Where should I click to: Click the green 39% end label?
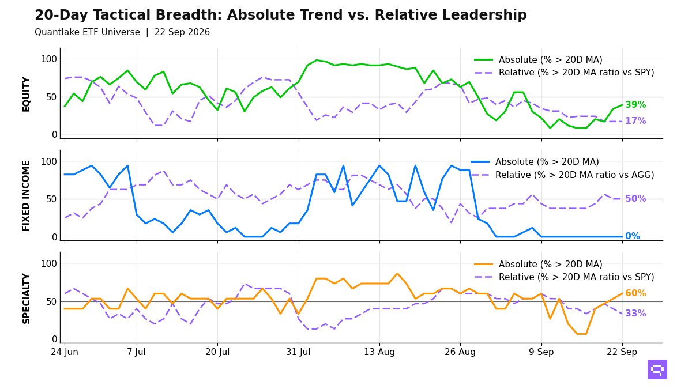pyautogui.click(x=635, y=105)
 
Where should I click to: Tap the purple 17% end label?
pyautogui.click(x=635, y=120)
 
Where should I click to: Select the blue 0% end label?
pyautogui.click(x=633, y=236)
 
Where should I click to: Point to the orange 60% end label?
pyautogui.click(x=635, y=293)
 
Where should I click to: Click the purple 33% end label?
pyautogui.click(x=635, y=314)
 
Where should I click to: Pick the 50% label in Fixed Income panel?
pyautogui.click(x=635, y=198)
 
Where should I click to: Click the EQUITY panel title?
pyautogui.click(x=27, y=95)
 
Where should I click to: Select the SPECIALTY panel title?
pyautogui.click(x=27, y=299)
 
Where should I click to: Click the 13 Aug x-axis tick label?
pyautogui.click(x=379, y=352)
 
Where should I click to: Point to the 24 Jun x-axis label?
pyautogui.click(x=64, y=352)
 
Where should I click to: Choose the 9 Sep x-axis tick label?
pyautogui.click(x=541, y=352)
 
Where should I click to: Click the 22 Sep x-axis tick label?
pyautogui.click(x=622, y=352)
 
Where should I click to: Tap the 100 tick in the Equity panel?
pyautogui.click(x=49, y=59)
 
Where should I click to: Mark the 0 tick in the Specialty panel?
pyautogui.click(x=55, y=339)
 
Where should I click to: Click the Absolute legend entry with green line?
pyautogui.click(x=538, y=59)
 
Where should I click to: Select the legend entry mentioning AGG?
pyautogui.click(x=562, y=175)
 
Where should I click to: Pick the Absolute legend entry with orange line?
pyautogui.click(x=538, y=265)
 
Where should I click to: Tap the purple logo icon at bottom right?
pyautogui.click(x=657, y=369)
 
